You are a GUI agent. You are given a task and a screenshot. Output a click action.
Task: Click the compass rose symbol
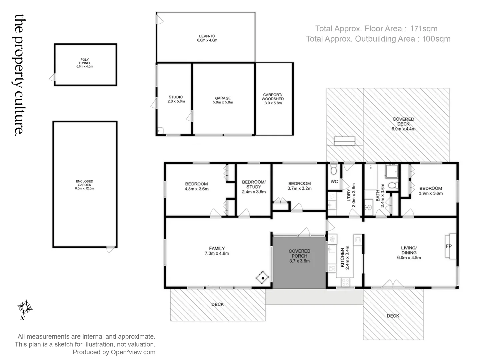tap(24, 307)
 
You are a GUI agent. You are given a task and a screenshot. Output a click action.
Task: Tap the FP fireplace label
tap(449, 246)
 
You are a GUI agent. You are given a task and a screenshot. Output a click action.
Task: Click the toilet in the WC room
tap(334, 171)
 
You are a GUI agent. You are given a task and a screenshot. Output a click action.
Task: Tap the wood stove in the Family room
tap(263, 277)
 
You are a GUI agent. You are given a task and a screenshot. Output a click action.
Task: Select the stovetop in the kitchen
tap(345, 282)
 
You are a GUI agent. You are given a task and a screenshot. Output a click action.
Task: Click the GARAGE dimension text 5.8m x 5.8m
tap(223, 102)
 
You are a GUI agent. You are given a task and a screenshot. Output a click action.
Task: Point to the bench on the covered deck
tap(345, 141)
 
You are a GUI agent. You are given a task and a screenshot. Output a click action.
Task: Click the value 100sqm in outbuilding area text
tap(436, 39)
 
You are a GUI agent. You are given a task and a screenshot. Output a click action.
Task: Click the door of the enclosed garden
tap(110, 249)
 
